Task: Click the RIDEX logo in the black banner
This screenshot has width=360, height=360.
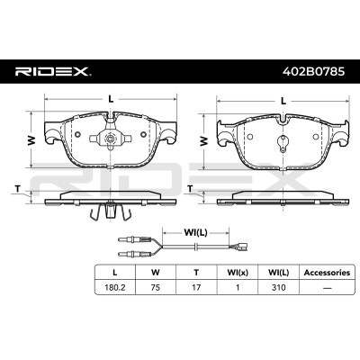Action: tap(53, 72)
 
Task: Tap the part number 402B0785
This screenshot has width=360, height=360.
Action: tap(314, 72)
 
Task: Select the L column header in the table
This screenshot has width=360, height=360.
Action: tap(115, 272)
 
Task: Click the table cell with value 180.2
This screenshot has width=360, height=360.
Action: tap(115, 287)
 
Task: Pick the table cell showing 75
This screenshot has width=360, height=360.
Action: tap(156, 287)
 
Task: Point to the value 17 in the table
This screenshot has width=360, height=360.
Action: tap(196, 287)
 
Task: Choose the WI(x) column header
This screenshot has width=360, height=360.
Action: tap(238, 273)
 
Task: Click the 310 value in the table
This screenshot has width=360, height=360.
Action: tap(278, 287)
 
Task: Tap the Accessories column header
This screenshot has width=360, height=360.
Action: tap(327, 273)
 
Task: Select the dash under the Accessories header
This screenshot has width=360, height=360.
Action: tap(327, 288)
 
